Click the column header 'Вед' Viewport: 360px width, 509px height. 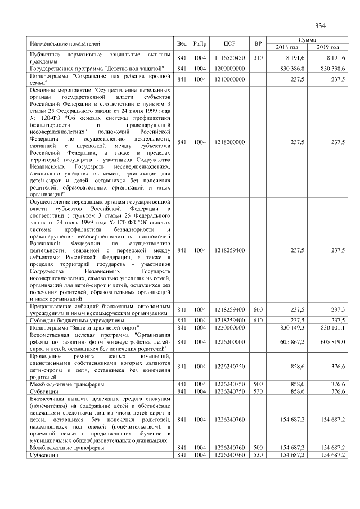182,43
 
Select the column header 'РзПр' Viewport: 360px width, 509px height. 200,43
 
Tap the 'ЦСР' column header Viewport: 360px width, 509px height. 229,43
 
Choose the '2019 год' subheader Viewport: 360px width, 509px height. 327,47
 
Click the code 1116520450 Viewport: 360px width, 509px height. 229,58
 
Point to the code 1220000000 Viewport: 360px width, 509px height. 229,326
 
